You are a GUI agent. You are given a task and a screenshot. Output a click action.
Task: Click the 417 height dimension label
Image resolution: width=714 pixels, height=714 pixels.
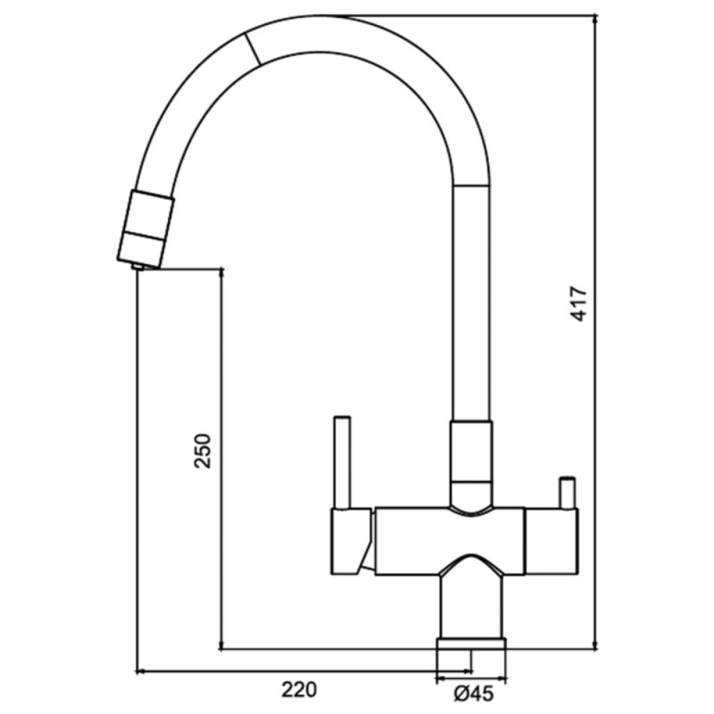[x=579, y=303]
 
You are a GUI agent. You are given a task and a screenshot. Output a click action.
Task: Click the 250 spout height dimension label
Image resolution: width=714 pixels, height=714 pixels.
[x=203, y=452]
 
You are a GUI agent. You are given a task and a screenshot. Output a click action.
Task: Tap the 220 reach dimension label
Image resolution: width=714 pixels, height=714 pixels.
[x=299, y=690]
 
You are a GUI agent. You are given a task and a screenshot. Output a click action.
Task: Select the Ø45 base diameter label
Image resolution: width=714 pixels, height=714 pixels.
[x=474, y=694]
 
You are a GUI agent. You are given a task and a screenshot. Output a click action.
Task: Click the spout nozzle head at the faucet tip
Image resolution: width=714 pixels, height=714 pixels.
[x=145, y=228]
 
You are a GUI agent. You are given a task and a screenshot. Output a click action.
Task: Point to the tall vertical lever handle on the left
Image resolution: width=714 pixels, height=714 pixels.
[x=342, y=461]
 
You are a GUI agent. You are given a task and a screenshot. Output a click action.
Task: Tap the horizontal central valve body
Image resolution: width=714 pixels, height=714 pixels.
[x=450, y=541]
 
